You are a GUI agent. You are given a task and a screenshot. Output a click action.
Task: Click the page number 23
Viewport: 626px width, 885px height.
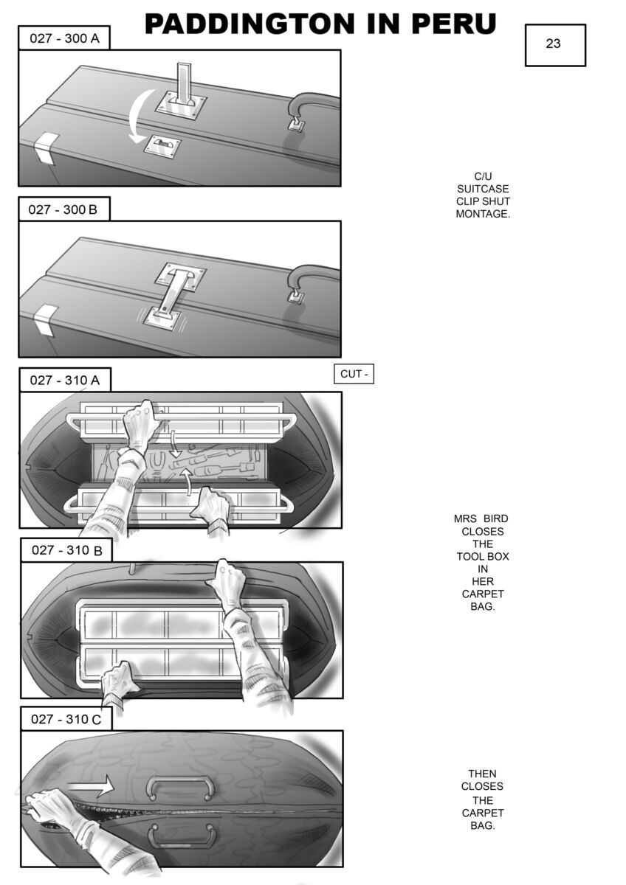point(553,44)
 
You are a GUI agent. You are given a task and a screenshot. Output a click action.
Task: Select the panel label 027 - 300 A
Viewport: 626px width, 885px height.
point(64,38)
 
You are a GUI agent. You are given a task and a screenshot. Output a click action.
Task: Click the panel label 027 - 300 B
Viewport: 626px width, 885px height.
point(63,209)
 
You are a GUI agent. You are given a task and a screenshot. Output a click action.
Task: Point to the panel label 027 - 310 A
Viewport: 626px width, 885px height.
point(65,380)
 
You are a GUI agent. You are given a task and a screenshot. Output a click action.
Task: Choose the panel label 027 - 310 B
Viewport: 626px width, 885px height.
point(67,550)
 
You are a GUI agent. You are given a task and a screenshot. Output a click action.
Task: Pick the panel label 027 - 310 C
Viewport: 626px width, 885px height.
point(66,719)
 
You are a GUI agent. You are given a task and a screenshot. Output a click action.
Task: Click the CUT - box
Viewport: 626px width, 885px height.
point(354,374)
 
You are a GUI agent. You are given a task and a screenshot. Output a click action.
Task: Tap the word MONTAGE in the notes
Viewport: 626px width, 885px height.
point(483,214)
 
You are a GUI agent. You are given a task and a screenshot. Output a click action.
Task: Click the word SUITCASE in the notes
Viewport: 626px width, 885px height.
point(483,189)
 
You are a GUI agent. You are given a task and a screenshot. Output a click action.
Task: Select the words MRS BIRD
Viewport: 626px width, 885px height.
point(481,518)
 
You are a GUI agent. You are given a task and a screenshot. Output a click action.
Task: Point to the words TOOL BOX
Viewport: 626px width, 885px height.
point(483,556)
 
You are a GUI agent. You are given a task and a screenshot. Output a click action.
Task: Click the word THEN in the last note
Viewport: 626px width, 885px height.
point(482,773)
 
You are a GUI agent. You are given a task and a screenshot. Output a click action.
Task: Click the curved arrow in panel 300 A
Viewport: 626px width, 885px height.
point(134,114)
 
